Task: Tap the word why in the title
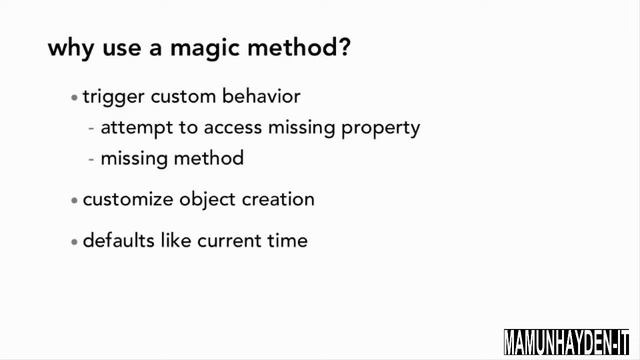tap(69, 49)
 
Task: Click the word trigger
tap(112, 98)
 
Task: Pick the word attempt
tap(135, 129)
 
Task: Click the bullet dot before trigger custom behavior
tap(74, 99)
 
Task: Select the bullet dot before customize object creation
tap(74, 200)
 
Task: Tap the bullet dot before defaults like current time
tap(74, 241)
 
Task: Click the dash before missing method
tap(92, 159)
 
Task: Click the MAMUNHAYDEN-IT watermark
tap(570, 340)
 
